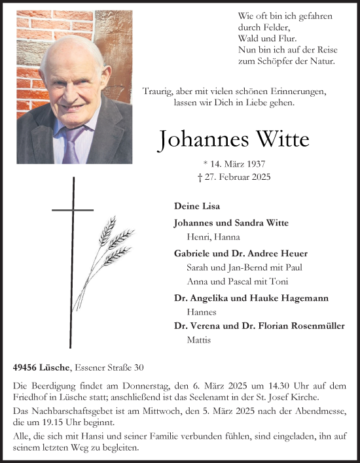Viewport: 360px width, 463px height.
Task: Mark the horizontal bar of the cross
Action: (x=73, y=210)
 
